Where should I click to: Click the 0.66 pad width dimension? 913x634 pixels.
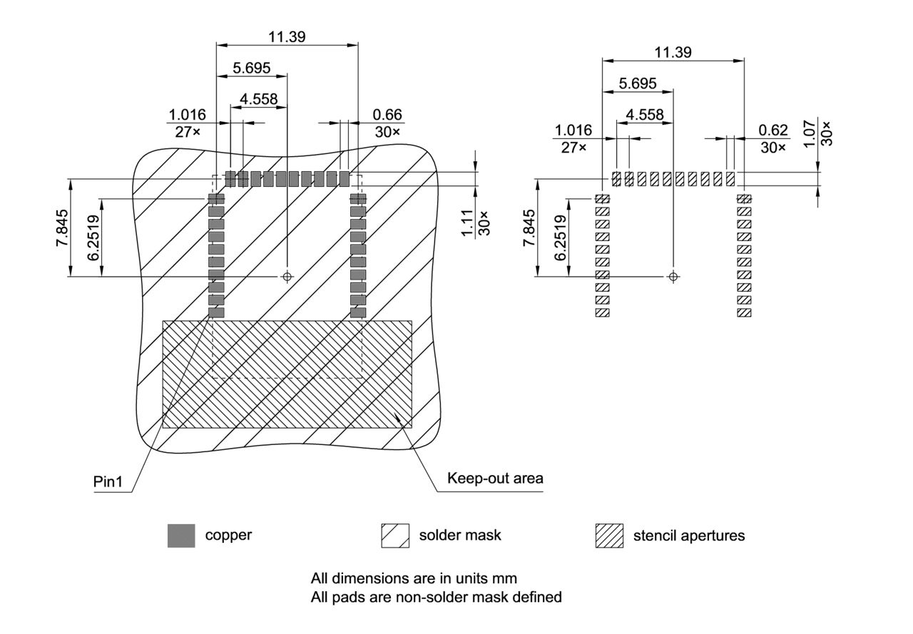pyautogui.click(x=387, y=114)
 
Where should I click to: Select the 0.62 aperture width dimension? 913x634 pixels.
pyautogui.click(x=773, y=130)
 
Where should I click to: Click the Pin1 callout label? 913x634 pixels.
pyautogui.click(x=108, y=482)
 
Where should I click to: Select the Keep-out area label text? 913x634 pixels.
pyautogui.click(x=495, y=478)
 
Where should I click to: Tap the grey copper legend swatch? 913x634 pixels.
pyautogui.click(x=181, y=536)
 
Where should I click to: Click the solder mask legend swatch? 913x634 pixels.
pyautogui.click(x=394, y=536)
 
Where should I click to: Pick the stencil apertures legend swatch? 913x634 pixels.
pyautogui.click(x=608, y=536)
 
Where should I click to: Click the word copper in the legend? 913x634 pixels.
pyautogui.click(x=228, y=535)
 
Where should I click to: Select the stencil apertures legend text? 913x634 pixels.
pyautogui.click(x=688, y=536)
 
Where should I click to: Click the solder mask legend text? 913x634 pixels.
pyautogui.click(x=460, y=535)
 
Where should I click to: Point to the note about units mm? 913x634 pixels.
pyautogui.click(x=414, y=577)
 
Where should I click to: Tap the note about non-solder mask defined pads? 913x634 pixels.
pyautogui.click(x=436, y=596)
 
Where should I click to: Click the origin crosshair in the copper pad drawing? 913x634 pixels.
pyautogui.click(x=287, y=276)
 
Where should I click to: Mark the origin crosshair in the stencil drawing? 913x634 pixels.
pyautogui.click(x=673, y=276)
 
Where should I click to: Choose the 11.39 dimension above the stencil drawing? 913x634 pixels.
pyautogui.click(x=673, y=52)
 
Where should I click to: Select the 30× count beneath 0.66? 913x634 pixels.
pyautogui.click(x=387, y=132)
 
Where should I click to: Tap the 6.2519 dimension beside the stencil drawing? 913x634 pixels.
pyautogui.click(x=560, y=238)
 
